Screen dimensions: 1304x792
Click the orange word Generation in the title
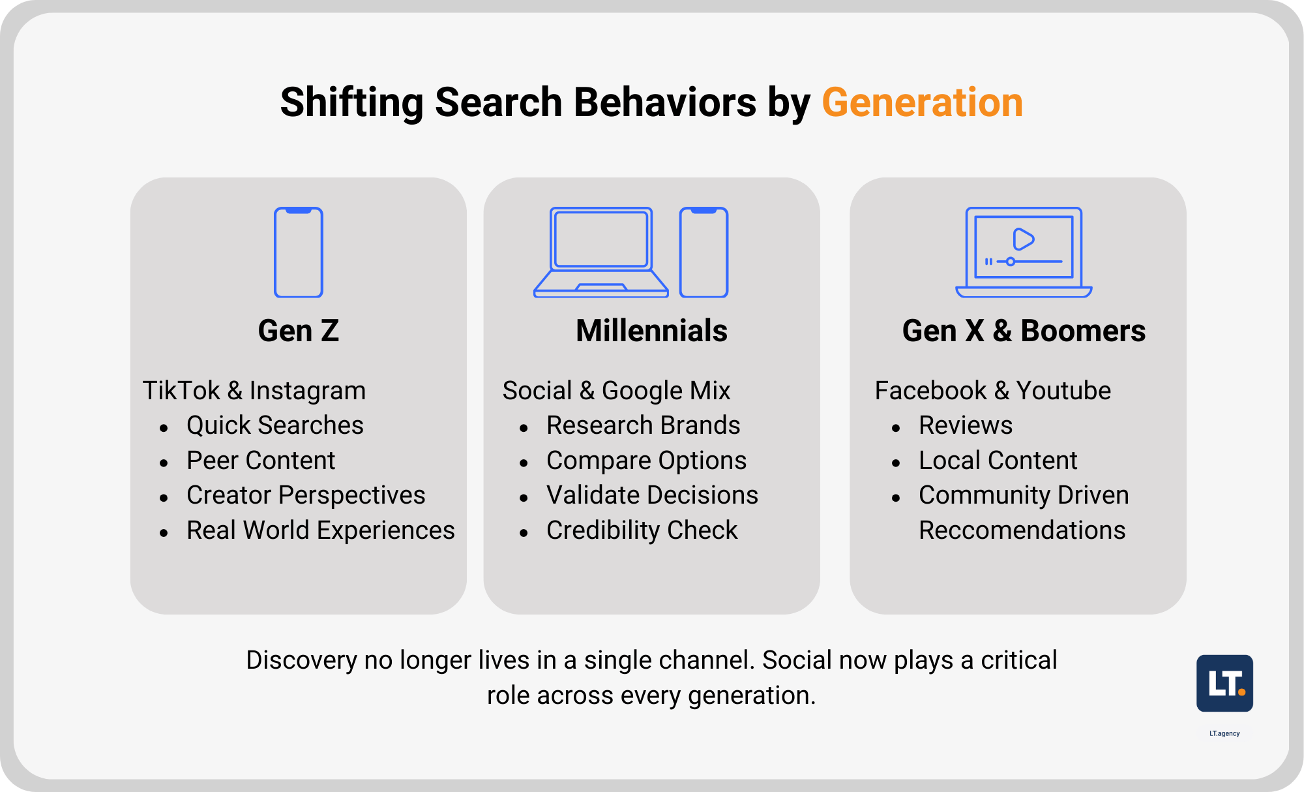922,102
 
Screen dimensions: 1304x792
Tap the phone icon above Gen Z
299,252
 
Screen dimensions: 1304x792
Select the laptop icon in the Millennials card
601,252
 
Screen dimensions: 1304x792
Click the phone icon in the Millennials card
704,252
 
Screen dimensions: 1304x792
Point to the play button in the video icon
1023,239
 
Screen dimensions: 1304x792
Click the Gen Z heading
299,331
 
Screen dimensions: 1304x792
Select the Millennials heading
652,331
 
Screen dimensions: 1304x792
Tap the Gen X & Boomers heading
1024,331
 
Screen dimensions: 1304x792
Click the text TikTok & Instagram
254,391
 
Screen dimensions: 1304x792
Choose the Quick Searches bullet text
275,425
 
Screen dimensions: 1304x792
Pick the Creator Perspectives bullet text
306,495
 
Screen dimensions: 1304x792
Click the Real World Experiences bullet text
321,530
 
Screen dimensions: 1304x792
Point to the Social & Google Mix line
617,391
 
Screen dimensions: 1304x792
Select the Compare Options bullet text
647,461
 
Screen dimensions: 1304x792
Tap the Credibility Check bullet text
642,530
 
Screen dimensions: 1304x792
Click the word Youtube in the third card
1063,391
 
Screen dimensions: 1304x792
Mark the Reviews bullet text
966,425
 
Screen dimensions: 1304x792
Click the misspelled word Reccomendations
1022,530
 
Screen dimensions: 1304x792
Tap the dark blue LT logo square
1224,683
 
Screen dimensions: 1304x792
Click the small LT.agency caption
1224,733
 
